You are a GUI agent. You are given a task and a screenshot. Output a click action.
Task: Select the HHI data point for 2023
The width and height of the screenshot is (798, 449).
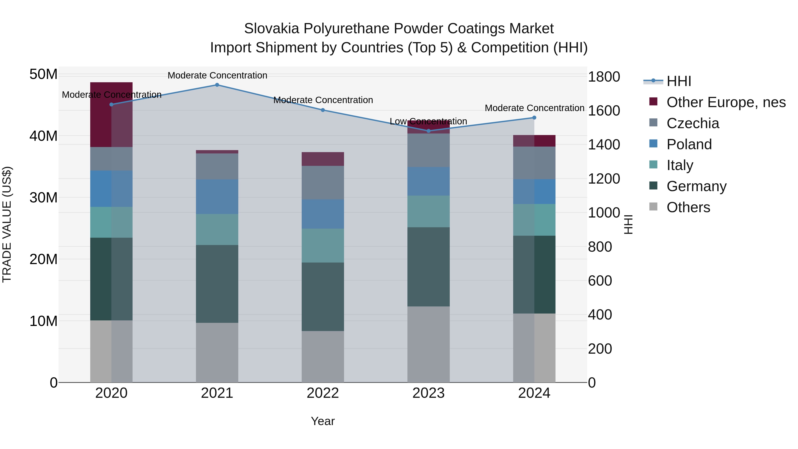coord(428,131)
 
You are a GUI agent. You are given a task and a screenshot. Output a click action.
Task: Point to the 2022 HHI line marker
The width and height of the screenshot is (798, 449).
coord(323,110)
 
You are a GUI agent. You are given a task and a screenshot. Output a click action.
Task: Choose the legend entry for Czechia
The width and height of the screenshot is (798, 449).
coord(693,123)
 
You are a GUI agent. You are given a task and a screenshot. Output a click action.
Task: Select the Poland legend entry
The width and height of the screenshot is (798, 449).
coord(689,144)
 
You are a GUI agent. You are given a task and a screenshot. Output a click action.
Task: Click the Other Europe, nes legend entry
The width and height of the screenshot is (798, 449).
coord(726,102)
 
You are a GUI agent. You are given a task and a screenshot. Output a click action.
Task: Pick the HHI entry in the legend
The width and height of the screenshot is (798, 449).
coord(679,81)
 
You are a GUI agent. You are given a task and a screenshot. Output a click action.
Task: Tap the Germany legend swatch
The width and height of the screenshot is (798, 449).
coord(653,186)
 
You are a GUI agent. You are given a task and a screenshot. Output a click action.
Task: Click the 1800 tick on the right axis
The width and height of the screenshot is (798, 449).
coord(604,77)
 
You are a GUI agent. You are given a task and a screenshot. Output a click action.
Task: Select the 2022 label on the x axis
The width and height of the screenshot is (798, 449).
coord(323,393)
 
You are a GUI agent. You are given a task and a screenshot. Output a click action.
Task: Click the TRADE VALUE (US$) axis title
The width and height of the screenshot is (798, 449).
coord(7,224)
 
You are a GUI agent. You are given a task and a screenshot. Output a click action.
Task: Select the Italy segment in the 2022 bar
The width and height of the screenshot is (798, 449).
coord(323,245)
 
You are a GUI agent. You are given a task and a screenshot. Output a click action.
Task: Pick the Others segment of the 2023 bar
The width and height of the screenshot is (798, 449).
coord(428,344)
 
